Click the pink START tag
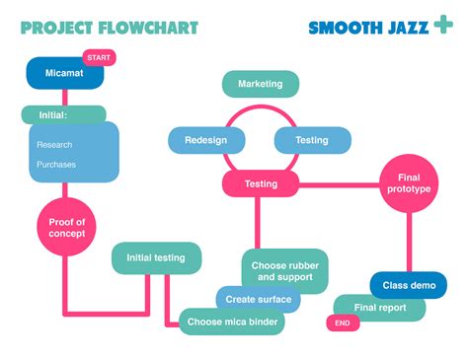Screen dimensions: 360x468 [x=99, y=58]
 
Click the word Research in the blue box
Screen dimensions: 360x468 [x=54, y=145]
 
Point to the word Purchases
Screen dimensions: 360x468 [x=56, y=165]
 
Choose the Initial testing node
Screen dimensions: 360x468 [x=156, y=258]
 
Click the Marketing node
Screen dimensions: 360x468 [x=261, y=84]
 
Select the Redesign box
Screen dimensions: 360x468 [x=205, y=140]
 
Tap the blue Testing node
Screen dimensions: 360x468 [x=312, y=140]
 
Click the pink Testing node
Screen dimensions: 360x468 [x=261, y=183]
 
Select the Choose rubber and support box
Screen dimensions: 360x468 [x=285, y=271]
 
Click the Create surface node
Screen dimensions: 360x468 [x=259, y=300]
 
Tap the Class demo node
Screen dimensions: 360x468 [x=409, y=286]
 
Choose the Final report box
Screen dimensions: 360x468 [x=380, y=308]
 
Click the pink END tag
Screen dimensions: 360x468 [x=342, y=323]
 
